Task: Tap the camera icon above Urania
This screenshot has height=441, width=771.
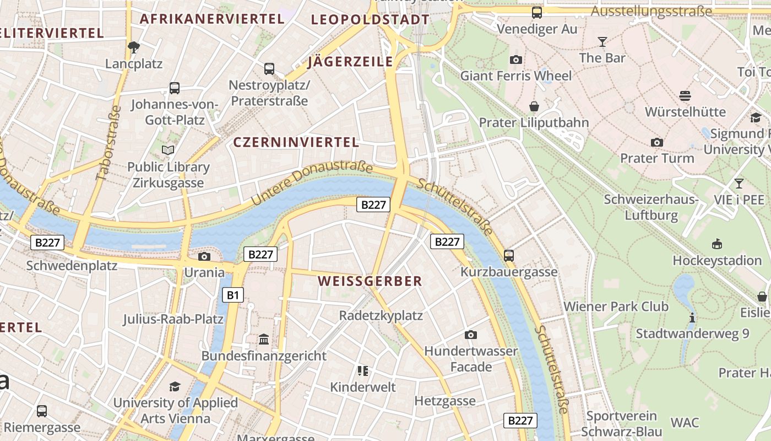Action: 204,256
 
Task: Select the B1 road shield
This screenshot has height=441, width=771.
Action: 233,295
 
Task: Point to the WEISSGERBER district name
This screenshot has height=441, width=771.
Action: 370,281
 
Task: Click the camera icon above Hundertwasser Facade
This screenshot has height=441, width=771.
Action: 470,335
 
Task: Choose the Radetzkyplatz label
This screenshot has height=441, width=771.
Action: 381,315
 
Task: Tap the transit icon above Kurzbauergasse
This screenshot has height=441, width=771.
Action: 508,256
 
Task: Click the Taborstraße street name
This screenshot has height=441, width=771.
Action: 108,143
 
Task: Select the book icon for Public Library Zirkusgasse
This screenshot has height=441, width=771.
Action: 168,150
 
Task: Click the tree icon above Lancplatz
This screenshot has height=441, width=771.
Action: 133,47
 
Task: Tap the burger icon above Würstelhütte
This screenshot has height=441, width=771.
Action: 685,96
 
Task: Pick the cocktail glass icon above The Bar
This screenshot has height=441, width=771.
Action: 602,41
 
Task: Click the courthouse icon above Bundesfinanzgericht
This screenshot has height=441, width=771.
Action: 264,339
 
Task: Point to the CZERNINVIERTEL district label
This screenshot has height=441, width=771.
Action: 296,142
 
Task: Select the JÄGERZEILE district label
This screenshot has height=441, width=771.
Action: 350,62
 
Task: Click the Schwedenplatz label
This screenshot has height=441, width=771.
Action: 72,266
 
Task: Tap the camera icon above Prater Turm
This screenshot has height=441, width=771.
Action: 656,143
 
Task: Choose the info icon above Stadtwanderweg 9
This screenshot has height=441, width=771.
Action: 692,318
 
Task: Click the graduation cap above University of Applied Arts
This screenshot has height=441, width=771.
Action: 175,386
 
